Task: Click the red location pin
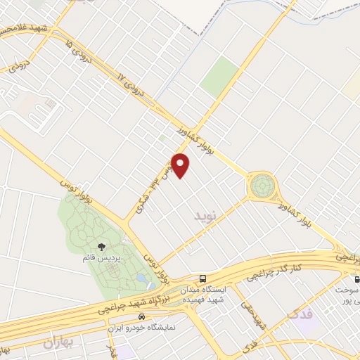(181, 165)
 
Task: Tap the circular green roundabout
(262, 186)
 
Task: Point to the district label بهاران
(58, 344)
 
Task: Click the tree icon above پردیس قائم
(103, 247)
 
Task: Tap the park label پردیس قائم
(101, 259)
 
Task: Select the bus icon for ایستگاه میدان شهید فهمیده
(202, 278)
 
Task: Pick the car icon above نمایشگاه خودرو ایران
(142, 316)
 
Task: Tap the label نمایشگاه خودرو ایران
(142, 328)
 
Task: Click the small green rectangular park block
(221, 77)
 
